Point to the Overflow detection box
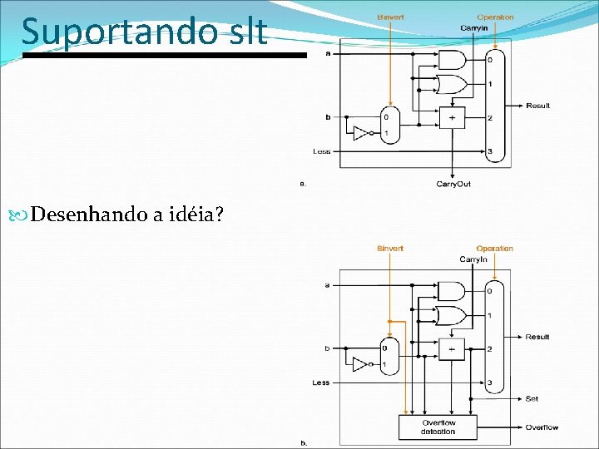point(438,427)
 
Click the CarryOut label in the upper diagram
point(453,184)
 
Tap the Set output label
point(532,399)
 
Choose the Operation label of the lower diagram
point(494,249)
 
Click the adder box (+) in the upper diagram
point(453,118)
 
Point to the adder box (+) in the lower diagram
point(453,349)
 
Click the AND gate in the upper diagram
point(452,59)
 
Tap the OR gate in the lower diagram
point(452,315)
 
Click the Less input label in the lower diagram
point(321,383)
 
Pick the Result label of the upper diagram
point(537,106)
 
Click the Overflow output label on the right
point(541,427)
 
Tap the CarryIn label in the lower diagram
point(473,259)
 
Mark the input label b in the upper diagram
point(328,118)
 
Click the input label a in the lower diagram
point(327,284)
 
